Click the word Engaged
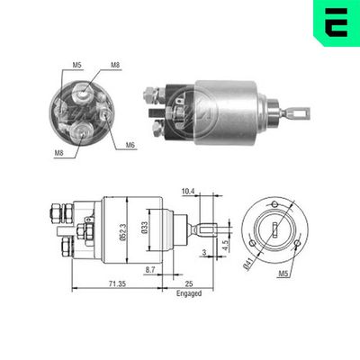click(x=189, y=292)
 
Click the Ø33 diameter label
click(x=144, y=229)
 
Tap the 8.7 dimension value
click(x=151, y=270)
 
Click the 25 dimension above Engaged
click(x=190, y=283)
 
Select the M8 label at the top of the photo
click(x=116, y=65)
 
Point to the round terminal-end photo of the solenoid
click(x=85, y=111)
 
